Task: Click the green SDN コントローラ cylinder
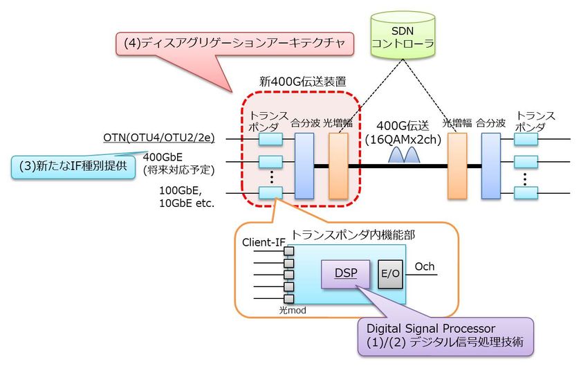(x=403, y=35)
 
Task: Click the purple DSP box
(x=342, y=273)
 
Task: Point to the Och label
(x=424, y=266)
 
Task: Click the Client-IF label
(x=263, y=243)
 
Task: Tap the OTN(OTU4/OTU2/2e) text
(x=159, y=139)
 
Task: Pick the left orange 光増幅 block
(x=338, y=167)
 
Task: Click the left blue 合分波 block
(x=304, y=167)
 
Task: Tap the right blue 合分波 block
(x=490, y=167)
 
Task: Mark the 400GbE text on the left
(x=164, y=157)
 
